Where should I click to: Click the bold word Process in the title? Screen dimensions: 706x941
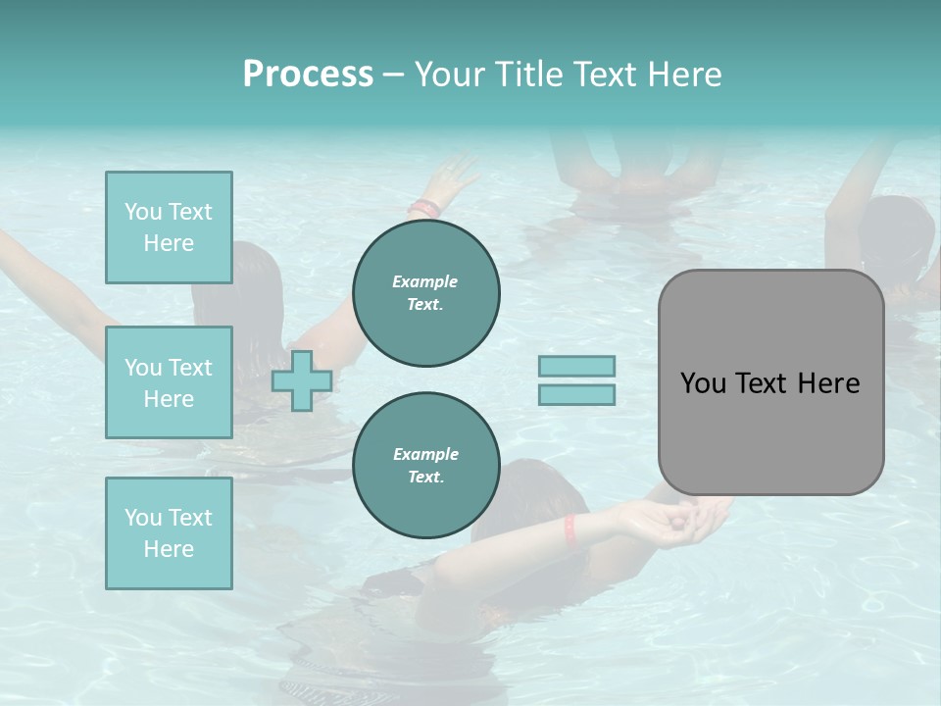click(x=308, y=75)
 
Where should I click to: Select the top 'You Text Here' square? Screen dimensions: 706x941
click(x=169, y=227)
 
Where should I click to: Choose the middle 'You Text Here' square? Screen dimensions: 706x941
click(x=169, y=382)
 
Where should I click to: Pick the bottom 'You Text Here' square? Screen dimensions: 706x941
click(x=169, y=533)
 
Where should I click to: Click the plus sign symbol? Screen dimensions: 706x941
click(x=301, y=380)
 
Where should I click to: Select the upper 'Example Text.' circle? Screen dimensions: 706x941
click(x=425, y=293)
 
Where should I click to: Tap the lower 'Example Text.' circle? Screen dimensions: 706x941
click(x=425, y=465)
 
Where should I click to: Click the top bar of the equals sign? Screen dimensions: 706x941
click(x=576, y=366)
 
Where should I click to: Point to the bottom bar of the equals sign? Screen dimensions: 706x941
click(x=576, y=394)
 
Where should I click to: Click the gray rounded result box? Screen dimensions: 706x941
click(x=770, y=382)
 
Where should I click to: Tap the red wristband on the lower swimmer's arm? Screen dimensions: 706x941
click(x=570, y=530)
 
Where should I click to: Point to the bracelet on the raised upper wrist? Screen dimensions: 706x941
click(x=424, y=208)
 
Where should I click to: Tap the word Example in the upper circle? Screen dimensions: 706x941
click(x=424, y=281)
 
